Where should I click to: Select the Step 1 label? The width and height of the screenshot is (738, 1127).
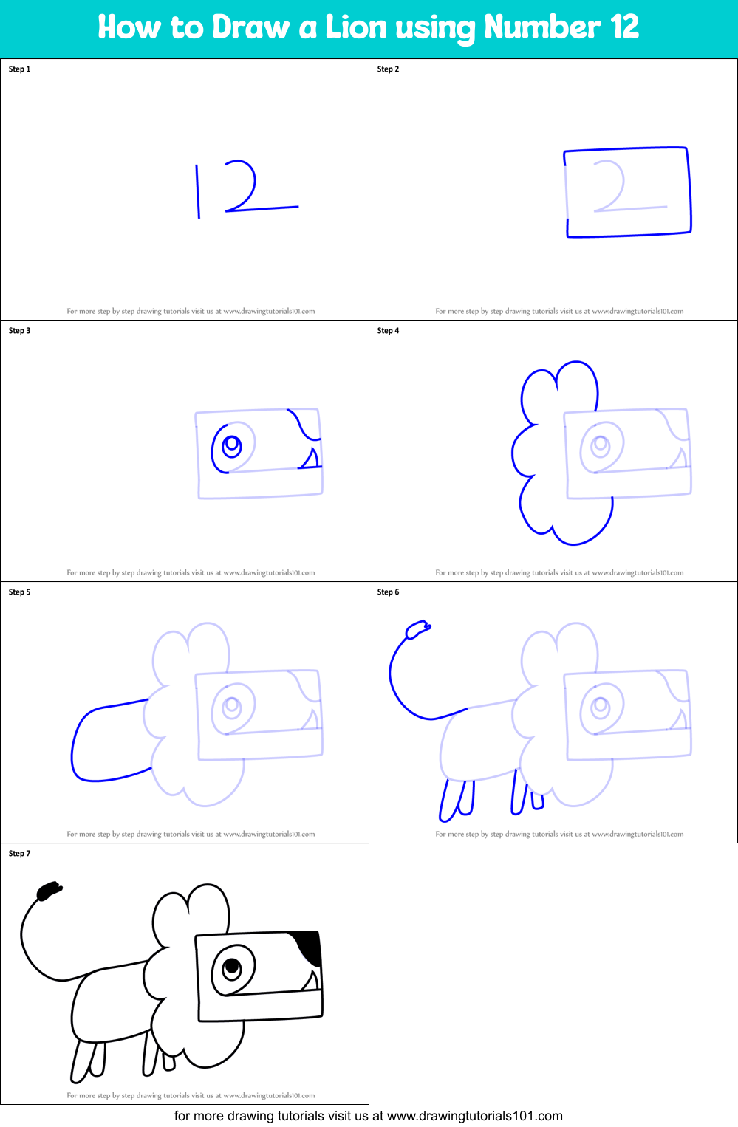coord(19,69)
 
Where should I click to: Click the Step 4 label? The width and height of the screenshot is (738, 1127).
coord(388,331)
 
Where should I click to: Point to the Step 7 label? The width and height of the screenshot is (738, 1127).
coord(19,854)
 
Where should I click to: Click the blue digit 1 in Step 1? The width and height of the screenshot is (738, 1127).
coord(197,191)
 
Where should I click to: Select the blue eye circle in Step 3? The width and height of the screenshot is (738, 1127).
coord(231,446)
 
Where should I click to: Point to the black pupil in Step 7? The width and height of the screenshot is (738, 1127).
coord(232,966)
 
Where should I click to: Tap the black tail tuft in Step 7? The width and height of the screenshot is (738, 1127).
coord(49,891)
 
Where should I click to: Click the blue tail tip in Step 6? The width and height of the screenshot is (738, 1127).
coord(417,629)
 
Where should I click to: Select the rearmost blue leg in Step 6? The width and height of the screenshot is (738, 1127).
coord(448,801)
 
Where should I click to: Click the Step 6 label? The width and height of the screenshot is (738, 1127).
coord(388,592)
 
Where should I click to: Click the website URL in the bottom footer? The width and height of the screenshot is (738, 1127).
coord(474,1116)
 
